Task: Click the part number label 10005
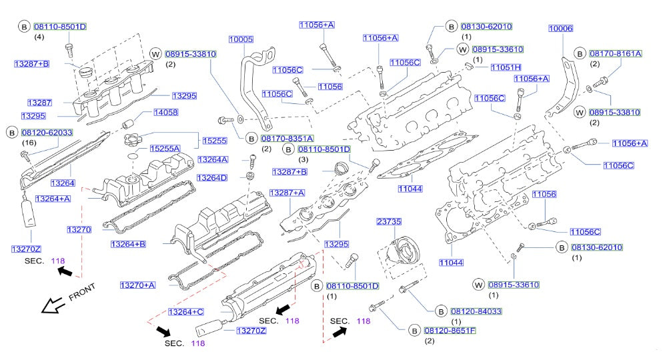coord(241,40)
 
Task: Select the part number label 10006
coord(561,28)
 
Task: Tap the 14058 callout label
coord(165,113)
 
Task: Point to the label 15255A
coord(164,148)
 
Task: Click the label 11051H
coord(506,67)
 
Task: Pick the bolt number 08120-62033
coord(49,133)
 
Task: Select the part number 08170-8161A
coord(615,53)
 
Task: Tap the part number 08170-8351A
coord(287,138)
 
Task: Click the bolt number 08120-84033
coord(476,311)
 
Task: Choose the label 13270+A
coord(137,285)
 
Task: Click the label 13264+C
coord(186,311)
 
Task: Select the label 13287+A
coord(287,193)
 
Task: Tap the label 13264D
coord(212,178)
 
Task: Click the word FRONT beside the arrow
coord(81,291)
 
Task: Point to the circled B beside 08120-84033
coord(441,311)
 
